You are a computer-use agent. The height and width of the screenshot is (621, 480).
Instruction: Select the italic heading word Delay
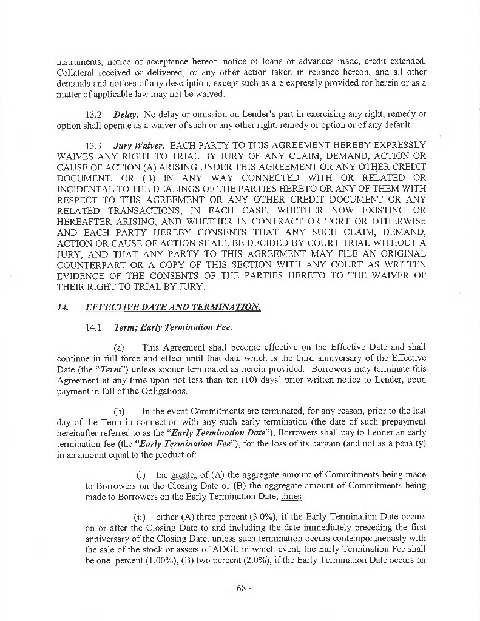pos(124,115)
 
